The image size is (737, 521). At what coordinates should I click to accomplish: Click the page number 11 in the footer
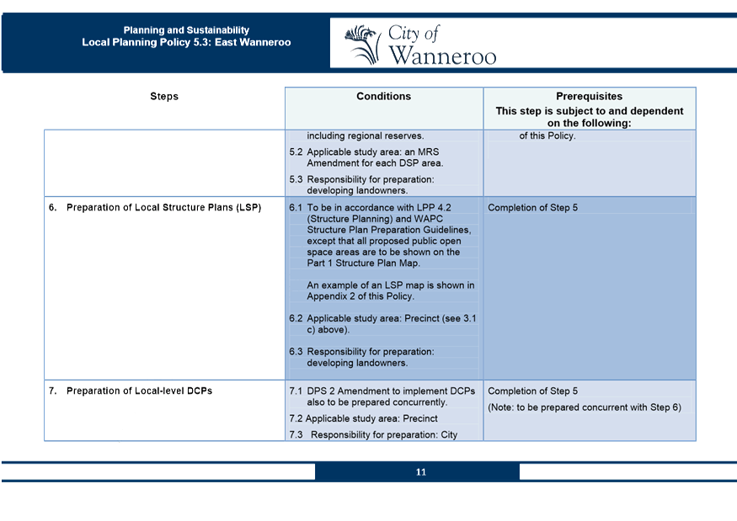(x=420, y=472)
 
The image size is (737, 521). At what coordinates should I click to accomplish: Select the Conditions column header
(x=383, y=97)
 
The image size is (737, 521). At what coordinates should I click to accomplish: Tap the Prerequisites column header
(x=589, y=97)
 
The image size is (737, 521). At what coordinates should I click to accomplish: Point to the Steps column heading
(x=164, y=97)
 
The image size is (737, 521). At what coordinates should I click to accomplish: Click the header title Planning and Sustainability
(x=186, y=30)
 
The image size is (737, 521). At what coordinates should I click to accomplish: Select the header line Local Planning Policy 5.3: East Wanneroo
(x=186, y=42)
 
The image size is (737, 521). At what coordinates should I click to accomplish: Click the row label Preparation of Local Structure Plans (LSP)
(x=163, y=208)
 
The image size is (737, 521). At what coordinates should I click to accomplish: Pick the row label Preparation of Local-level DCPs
(x=140, y=391)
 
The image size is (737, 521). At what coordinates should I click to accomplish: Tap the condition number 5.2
(x=296, y=152)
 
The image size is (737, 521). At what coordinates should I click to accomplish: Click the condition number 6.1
(x=296, y=208)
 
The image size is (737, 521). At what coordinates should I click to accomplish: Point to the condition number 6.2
(x=296, y=319)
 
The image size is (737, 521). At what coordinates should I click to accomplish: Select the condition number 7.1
(x=296, y=391)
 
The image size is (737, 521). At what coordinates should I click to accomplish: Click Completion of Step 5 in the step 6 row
(x=532, y=208)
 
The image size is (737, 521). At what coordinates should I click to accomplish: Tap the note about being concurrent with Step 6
(x=585, y=408)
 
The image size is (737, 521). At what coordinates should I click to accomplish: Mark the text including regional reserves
(x=365, y=136)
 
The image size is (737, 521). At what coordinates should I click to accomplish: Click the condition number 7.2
(x=295, y=418)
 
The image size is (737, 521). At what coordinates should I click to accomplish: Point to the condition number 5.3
(x=296, y=179)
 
